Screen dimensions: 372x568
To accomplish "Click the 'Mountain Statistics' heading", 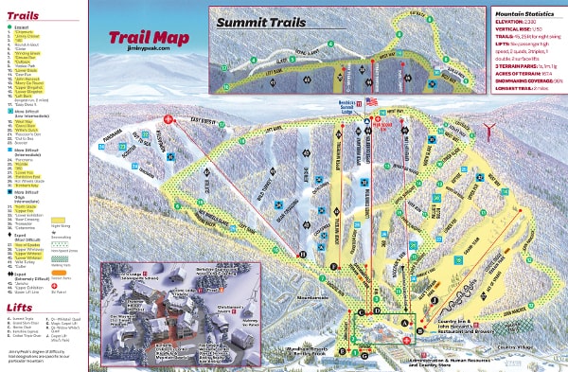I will pos(524,13).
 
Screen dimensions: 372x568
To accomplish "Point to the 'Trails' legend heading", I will pos(24,16).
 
